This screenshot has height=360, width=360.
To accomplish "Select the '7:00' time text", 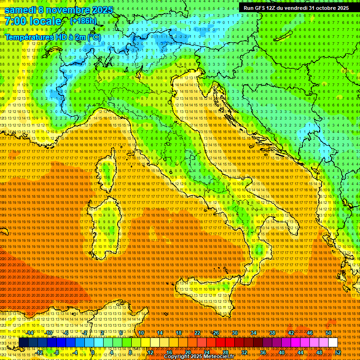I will click(16, 22).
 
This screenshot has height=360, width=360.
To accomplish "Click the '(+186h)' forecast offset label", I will click(83, 21).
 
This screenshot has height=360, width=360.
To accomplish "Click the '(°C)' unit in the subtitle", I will click(94, 37).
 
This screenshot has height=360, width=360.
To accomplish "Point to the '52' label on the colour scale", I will click(337, 352).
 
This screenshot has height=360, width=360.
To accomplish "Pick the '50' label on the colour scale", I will click(328, 332).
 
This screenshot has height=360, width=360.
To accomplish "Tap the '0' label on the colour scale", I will click(93, 352).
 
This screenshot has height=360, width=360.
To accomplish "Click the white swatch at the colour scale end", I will click(333, 342).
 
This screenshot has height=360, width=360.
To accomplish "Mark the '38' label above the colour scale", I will click(272, 332).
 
